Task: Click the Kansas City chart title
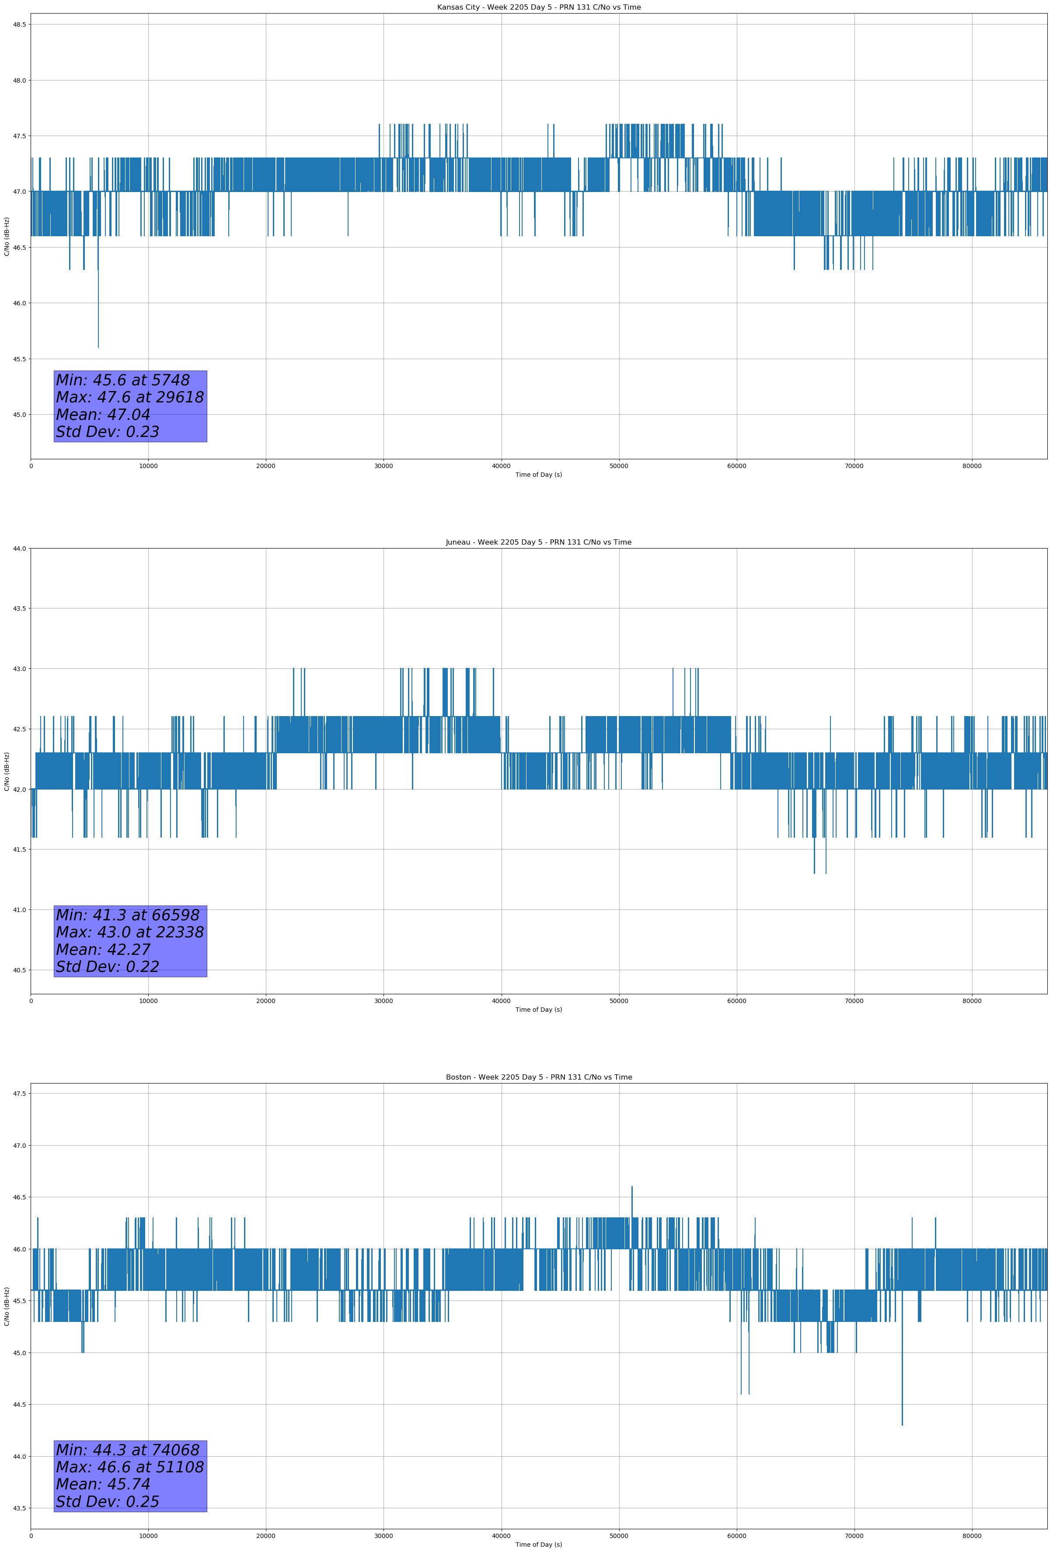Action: point(538,7)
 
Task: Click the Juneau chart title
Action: point(538,542)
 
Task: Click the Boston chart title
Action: point(538,1077)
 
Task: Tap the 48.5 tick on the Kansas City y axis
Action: point(19,24)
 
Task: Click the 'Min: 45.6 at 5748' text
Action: point(123,380)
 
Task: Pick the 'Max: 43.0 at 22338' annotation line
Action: point(129,932)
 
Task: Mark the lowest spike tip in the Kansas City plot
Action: point(98,346)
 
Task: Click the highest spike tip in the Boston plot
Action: point(631,1187)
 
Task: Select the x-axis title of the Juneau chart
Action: point(538,1010)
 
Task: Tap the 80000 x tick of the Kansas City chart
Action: point(972,466)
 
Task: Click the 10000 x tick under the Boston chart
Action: point(148,1536)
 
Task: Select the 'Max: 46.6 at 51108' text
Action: point(129,1467)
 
